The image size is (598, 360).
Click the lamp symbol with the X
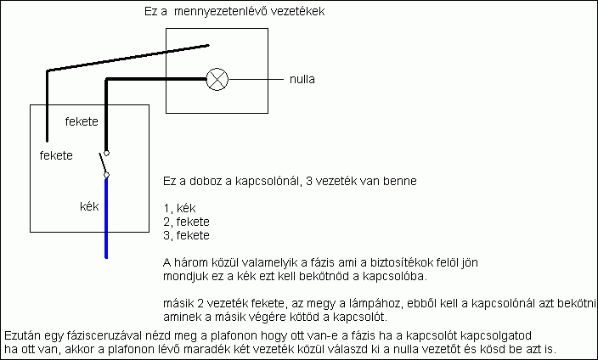[x=218, y=80]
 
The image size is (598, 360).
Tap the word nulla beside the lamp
[x=303, y=81]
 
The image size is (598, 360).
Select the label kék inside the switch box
[x=89, y=205]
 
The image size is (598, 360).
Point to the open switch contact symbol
[x=104, y=164]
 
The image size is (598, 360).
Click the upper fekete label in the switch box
[x=82, y=122]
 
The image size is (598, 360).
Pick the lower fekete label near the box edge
[x=56, y=155]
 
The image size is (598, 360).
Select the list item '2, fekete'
[x=186, y=222]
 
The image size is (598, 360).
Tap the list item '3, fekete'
[x=186, y=234]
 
